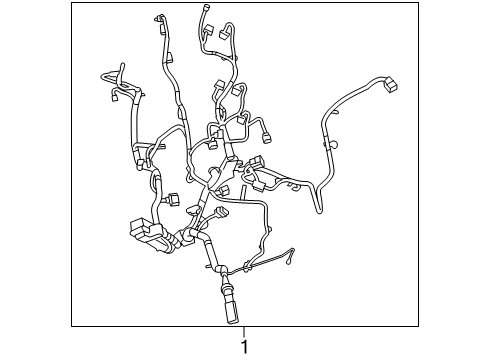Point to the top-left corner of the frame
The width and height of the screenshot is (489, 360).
72,3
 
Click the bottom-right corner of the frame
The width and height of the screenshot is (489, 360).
418,326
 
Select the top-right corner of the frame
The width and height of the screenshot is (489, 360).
418,3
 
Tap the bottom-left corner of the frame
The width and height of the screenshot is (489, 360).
72,326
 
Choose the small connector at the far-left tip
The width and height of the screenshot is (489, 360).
107,97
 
